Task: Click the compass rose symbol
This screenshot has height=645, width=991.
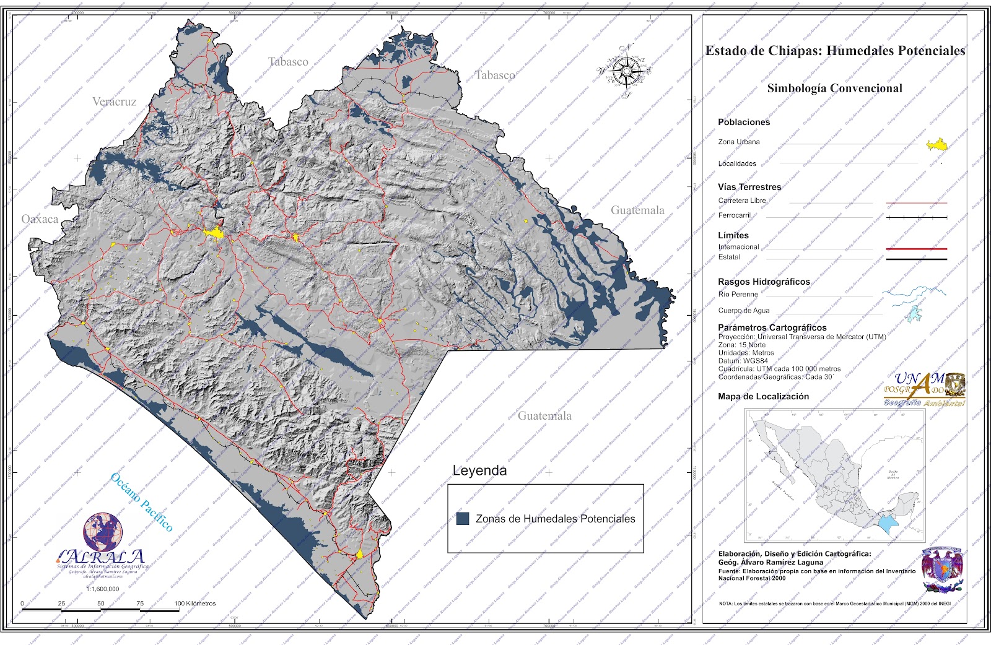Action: click(627, 70)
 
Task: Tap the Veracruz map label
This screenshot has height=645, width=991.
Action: click(114, 102)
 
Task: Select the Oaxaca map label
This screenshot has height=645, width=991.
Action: click(40, 219)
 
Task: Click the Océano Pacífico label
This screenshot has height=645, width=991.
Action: click(141, 502)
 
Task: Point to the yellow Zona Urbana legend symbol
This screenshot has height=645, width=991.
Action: click(938, 145)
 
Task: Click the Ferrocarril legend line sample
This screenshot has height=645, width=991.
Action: click(916, 218)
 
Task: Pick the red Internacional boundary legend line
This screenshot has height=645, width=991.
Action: click(916, 249)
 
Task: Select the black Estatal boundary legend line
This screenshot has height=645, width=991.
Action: click(916, 259)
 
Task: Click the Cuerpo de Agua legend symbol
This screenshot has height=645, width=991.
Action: click(914, 314)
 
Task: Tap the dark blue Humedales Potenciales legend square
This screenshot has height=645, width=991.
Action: click(462, 519)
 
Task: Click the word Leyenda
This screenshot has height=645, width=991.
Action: click(479, 470)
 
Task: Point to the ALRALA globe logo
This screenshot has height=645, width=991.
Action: click(103, 533)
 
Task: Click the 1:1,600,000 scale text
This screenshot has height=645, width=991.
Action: click(102, 589)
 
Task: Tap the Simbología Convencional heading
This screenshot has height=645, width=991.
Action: click(834, 88)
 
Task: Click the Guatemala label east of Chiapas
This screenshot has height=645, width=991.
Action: click(637, 210)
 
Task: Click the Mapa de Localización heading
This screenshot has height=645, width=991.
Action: click(763, 397)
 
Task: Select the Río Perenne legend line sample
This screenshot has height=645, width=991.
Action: click(914, 292)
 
